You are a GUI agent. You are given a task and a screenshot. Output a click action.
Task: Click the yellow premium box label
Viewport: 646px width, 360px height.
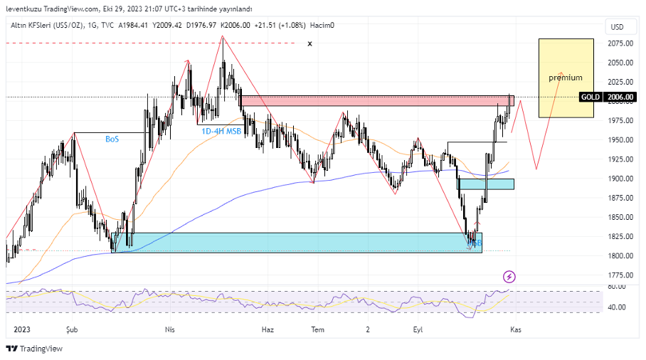click(565, 78)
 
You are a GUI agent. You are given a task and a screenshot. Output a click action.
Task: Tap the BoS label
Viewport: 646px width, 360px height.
click(112, 139)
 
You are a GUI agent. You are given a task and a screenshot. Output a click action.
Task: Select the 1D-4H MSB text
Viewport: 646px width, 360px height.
click(221, 131)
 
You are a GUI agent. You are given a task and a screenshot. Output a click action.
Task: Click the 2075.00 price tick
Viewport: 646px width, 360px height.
click(621, 43)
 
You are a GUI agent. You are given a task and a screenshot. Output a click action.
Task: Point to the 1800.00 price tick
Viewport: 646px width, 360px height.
click(621, 256)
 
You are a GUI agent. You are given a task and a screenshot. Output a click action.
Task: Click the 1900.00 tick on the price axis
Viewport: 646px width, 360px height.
click(621, 179)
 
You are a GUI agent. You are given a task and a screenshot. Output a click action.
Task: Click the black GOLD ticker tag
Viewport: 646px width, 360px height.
click(591, 97)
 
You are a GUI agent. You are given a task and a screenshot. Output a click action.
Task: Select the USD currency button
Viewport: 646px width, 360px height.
click(616, 27)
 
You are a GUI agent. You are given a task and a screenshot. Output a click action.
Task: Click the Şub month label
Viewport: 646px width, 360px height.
click(71, 330)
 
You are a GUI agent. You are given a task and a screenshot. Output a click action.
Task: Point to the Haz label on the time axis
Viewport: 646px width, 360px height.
click(268, 330)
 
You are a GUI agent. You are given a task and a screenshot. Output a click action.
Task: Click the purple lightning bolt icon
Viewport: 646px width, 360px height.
click(509, 276)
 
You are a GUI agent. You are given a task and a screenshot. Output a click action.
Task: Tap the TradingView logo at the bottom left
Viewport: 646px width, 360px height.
click(34, 349)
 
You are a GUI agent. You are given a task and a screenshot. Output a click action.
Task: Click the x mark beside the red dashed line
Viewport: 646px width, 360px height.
click(309, 44)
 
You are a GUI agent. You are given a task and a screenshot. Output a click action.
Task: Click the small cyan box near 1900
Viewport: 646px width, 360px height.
click(487, 184)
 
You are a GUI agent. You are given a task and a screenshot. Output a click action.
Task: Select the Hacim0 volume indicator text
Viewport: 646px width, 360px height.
click(322, 25)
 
